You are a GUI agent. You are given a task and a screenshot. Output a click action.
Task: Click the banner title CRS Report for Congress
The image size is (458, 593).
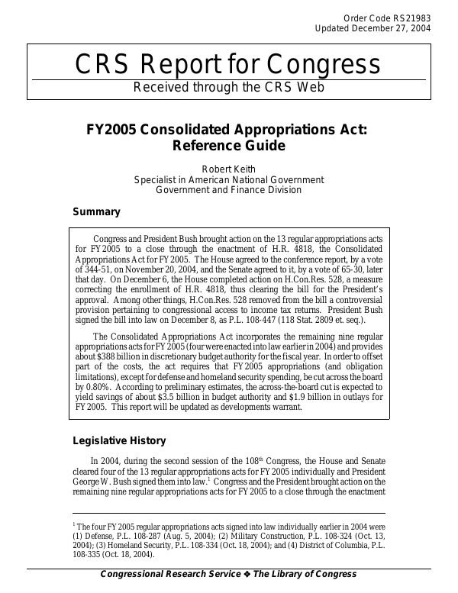(x=228, y=66)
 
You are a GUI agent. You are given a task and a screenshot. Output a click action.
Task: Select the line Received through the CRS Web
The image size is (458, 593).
(x=228, y=87)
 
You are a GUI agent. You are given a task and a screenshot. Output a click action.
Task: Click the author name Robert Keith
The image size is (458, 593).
(x=228, y=169)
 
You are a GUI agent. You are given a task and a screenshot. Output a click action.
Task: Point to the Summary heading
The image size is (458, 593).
(x=96, y=211)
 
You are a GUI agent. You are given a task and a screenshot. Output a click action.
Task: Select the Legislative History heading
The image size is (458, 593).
(x=118, y=440)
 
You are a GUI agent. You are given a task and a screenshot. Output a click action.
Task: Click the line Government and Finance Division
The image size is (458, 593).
(x=228, y=190)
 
